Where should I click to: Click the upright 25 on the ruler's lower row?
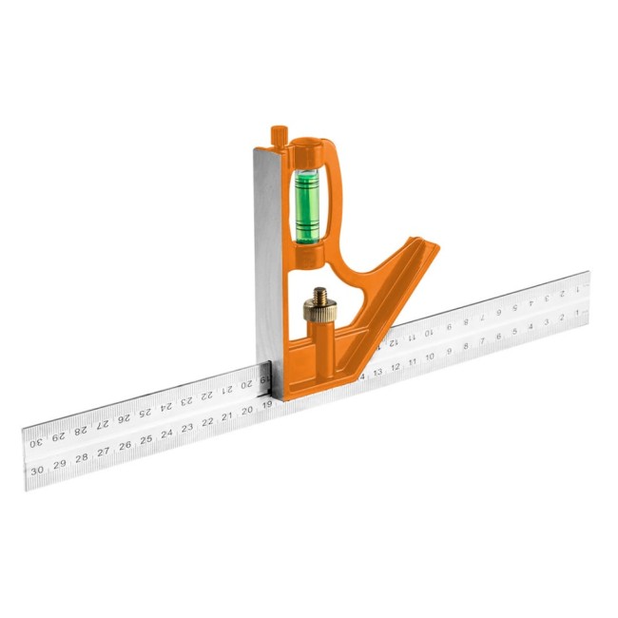click(145, 440)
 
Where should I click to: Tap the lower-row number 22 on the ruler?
click(207, 422)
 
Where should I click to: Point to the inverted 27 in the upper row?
click(102, 424)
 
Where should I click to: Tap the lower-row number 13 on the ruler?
click(377, 372)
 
